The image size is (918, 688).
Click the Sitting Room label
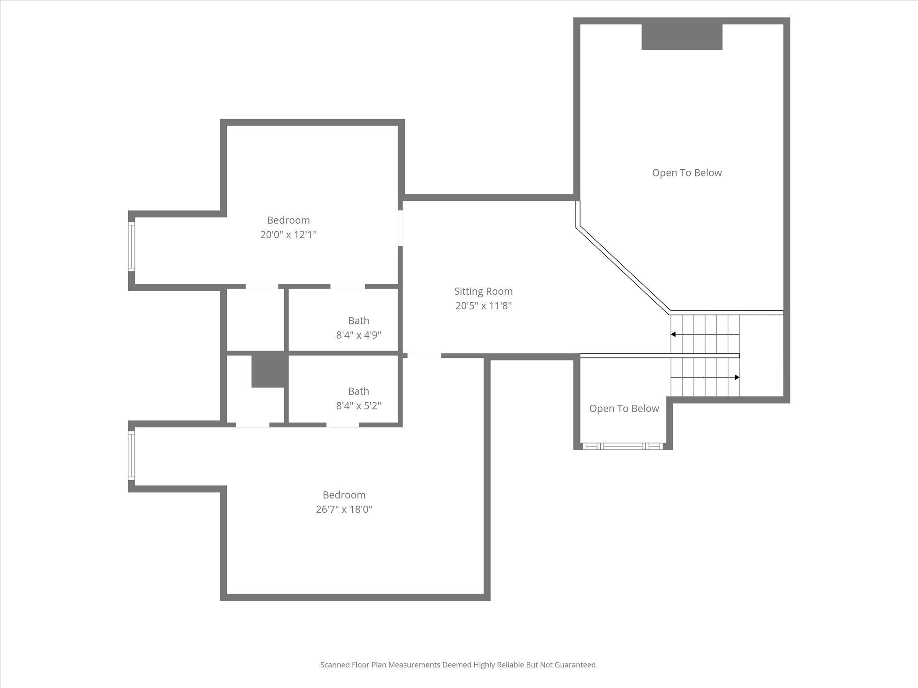click(x=483, y=291)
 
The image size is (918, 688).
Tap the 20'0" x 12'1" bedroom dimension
click(x=288, y=235)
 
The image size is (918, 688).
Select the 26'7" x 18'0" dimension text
click(x=344, y=509)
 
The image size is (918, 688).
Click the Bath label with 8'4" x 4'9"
click(x=359, y=320)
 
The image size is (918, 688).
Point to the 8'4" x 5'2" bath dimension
click(x=359, y=406)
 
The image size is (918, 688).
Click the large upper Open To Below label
click(x=687, y=173)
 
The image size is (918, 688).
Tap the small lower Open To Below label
click(x=624, y=408)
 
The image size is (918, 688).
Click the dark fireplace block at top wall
click(x=682, y=37)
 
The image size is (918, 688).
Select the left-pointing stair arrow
click(x=674, y=334)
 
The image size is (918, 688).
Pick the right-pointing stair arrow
click(x=736, y=378)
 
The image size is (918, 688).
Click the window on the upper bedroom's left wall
click(x=131, y=246)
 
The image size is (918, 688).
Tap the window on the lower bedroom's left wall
click(x=131, y=456)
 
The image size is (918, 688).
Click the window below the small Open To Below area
click(x=623, y=446)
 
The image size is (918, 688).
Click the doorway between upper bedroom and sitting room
click(x=400, y=228)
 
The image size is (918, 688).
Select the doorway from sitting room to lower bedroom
click(x=424, y=356)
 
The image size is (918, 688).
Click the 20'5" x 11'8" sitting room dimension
click(x=483, y=306)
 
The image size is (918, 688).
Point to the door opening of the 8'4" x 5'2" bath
click(x=342, y=425)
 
